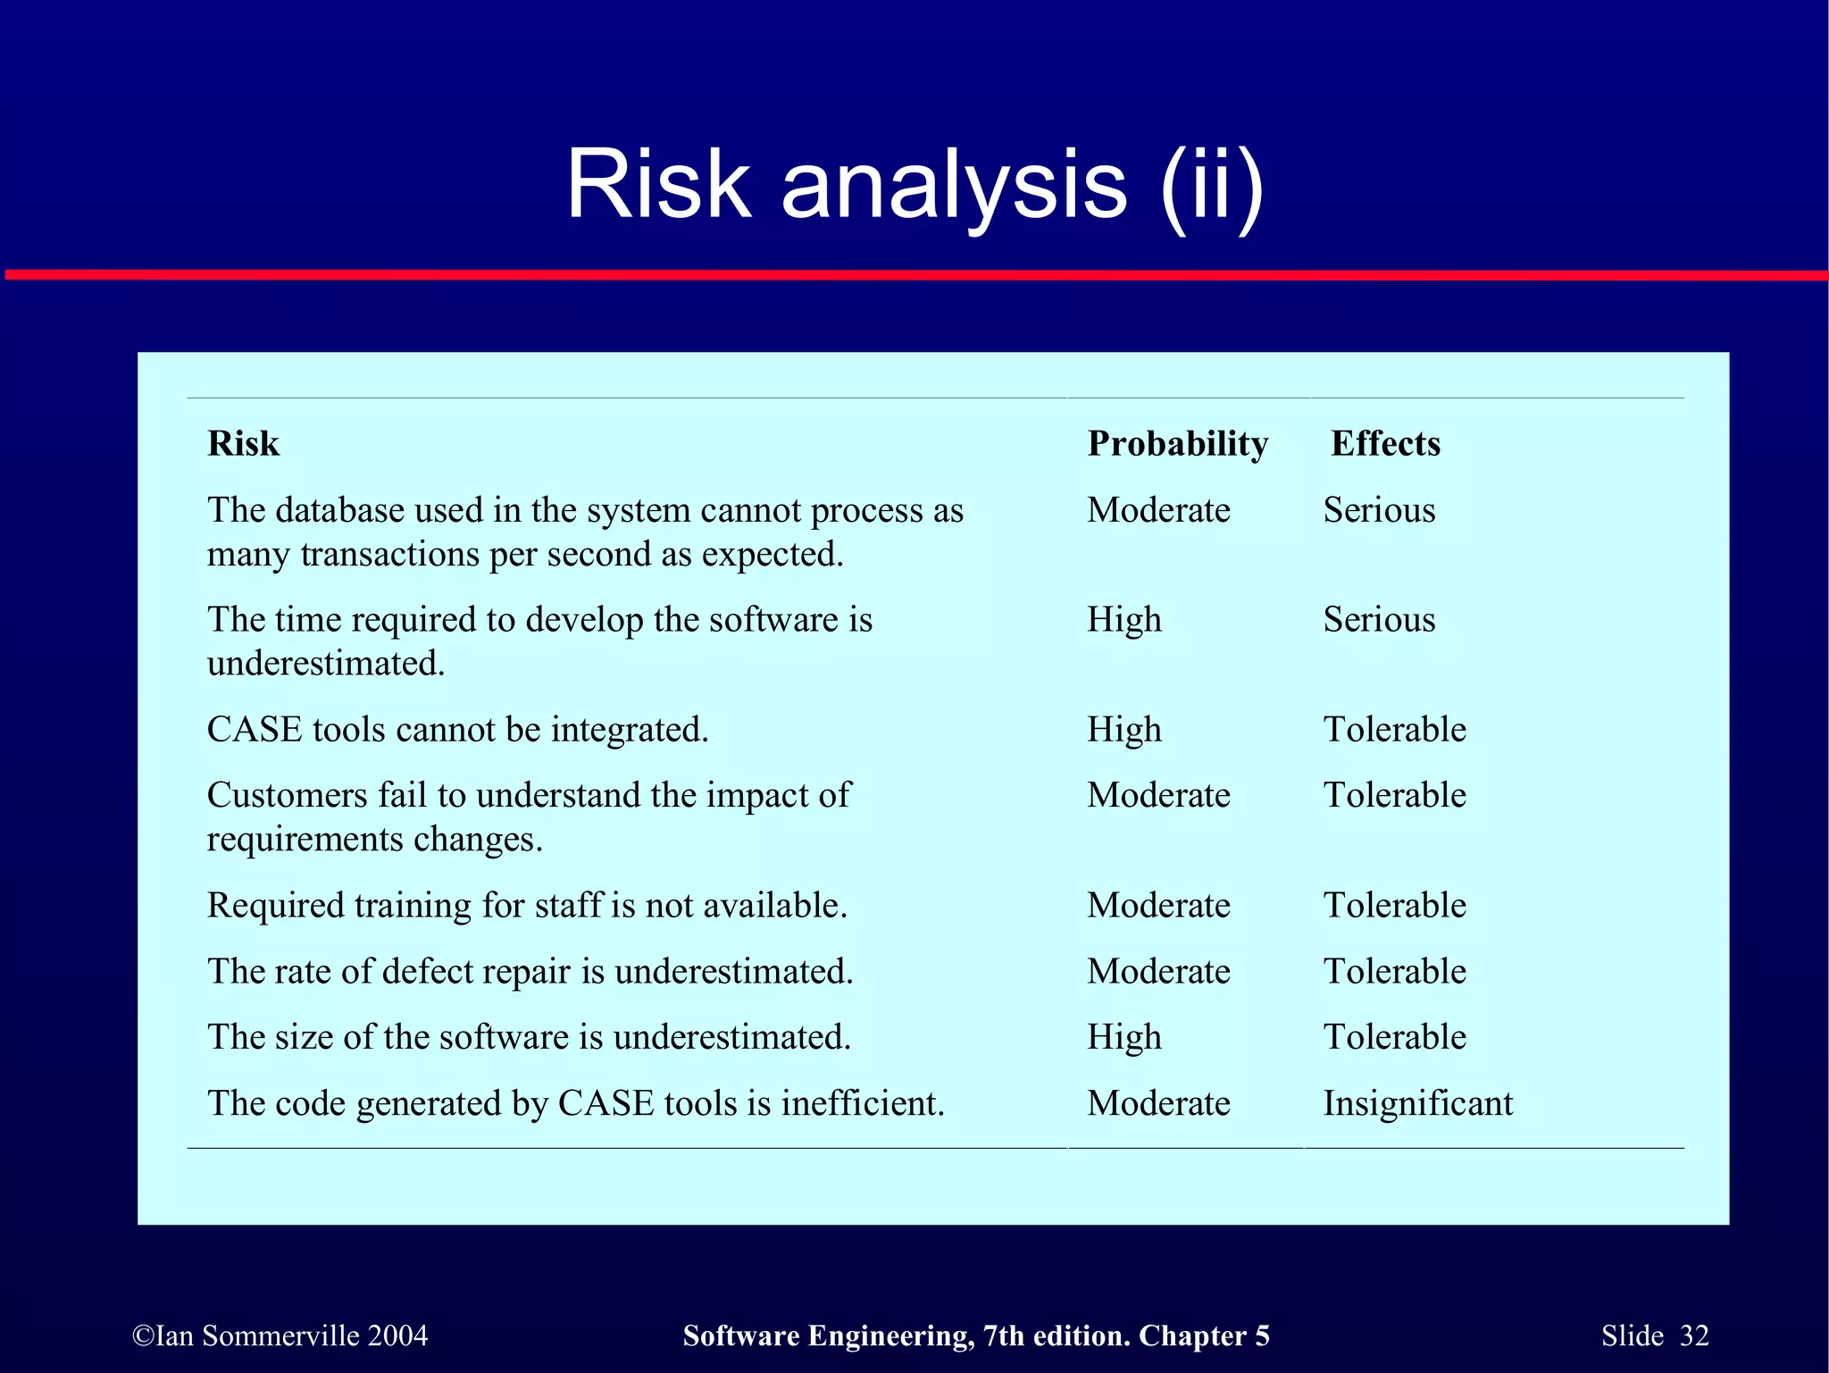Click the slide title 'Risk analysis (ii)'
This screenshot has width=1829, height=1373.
click(x=914, y=185)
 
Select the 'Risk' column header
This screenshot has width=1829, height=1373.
click(x=243, y=443)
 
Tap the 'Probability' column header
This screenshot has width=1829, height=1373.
click(x=1177, y=443)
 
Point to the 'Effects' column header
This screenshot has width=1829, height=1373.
click(x=1385, y=443)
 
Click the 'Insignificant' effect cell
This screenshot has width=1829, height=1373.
click(x=1417, y=1103)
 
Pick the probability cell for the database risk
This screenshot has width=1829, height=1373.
click(x=1158, y=510)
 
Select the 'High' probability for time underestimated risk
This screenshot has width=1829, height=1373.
click(x=1123, y=620)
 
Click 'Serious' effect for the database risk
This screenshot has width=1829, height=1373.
click(x=1379, y=510)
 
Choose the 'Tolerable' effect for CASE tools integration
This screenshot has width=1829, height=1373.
click(x=1394, y=730)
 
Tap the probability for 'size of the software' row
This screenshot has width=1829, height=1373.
click(x=1123, y=1037)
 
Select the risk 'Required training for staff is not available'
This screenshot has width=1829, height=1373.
click(x=527, y=906)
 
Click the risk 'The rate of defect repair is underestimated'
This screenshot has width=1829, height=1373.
click(x=530, y=972)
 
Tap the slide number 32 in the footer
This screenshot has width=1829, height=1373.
click(x=1693, y=1335)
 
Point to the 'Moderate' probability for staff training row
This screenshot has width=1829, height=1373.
click(x=1158, y=906)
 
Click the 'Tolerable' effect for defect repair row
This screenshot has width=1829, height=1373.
click(x=1394, y=972)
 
